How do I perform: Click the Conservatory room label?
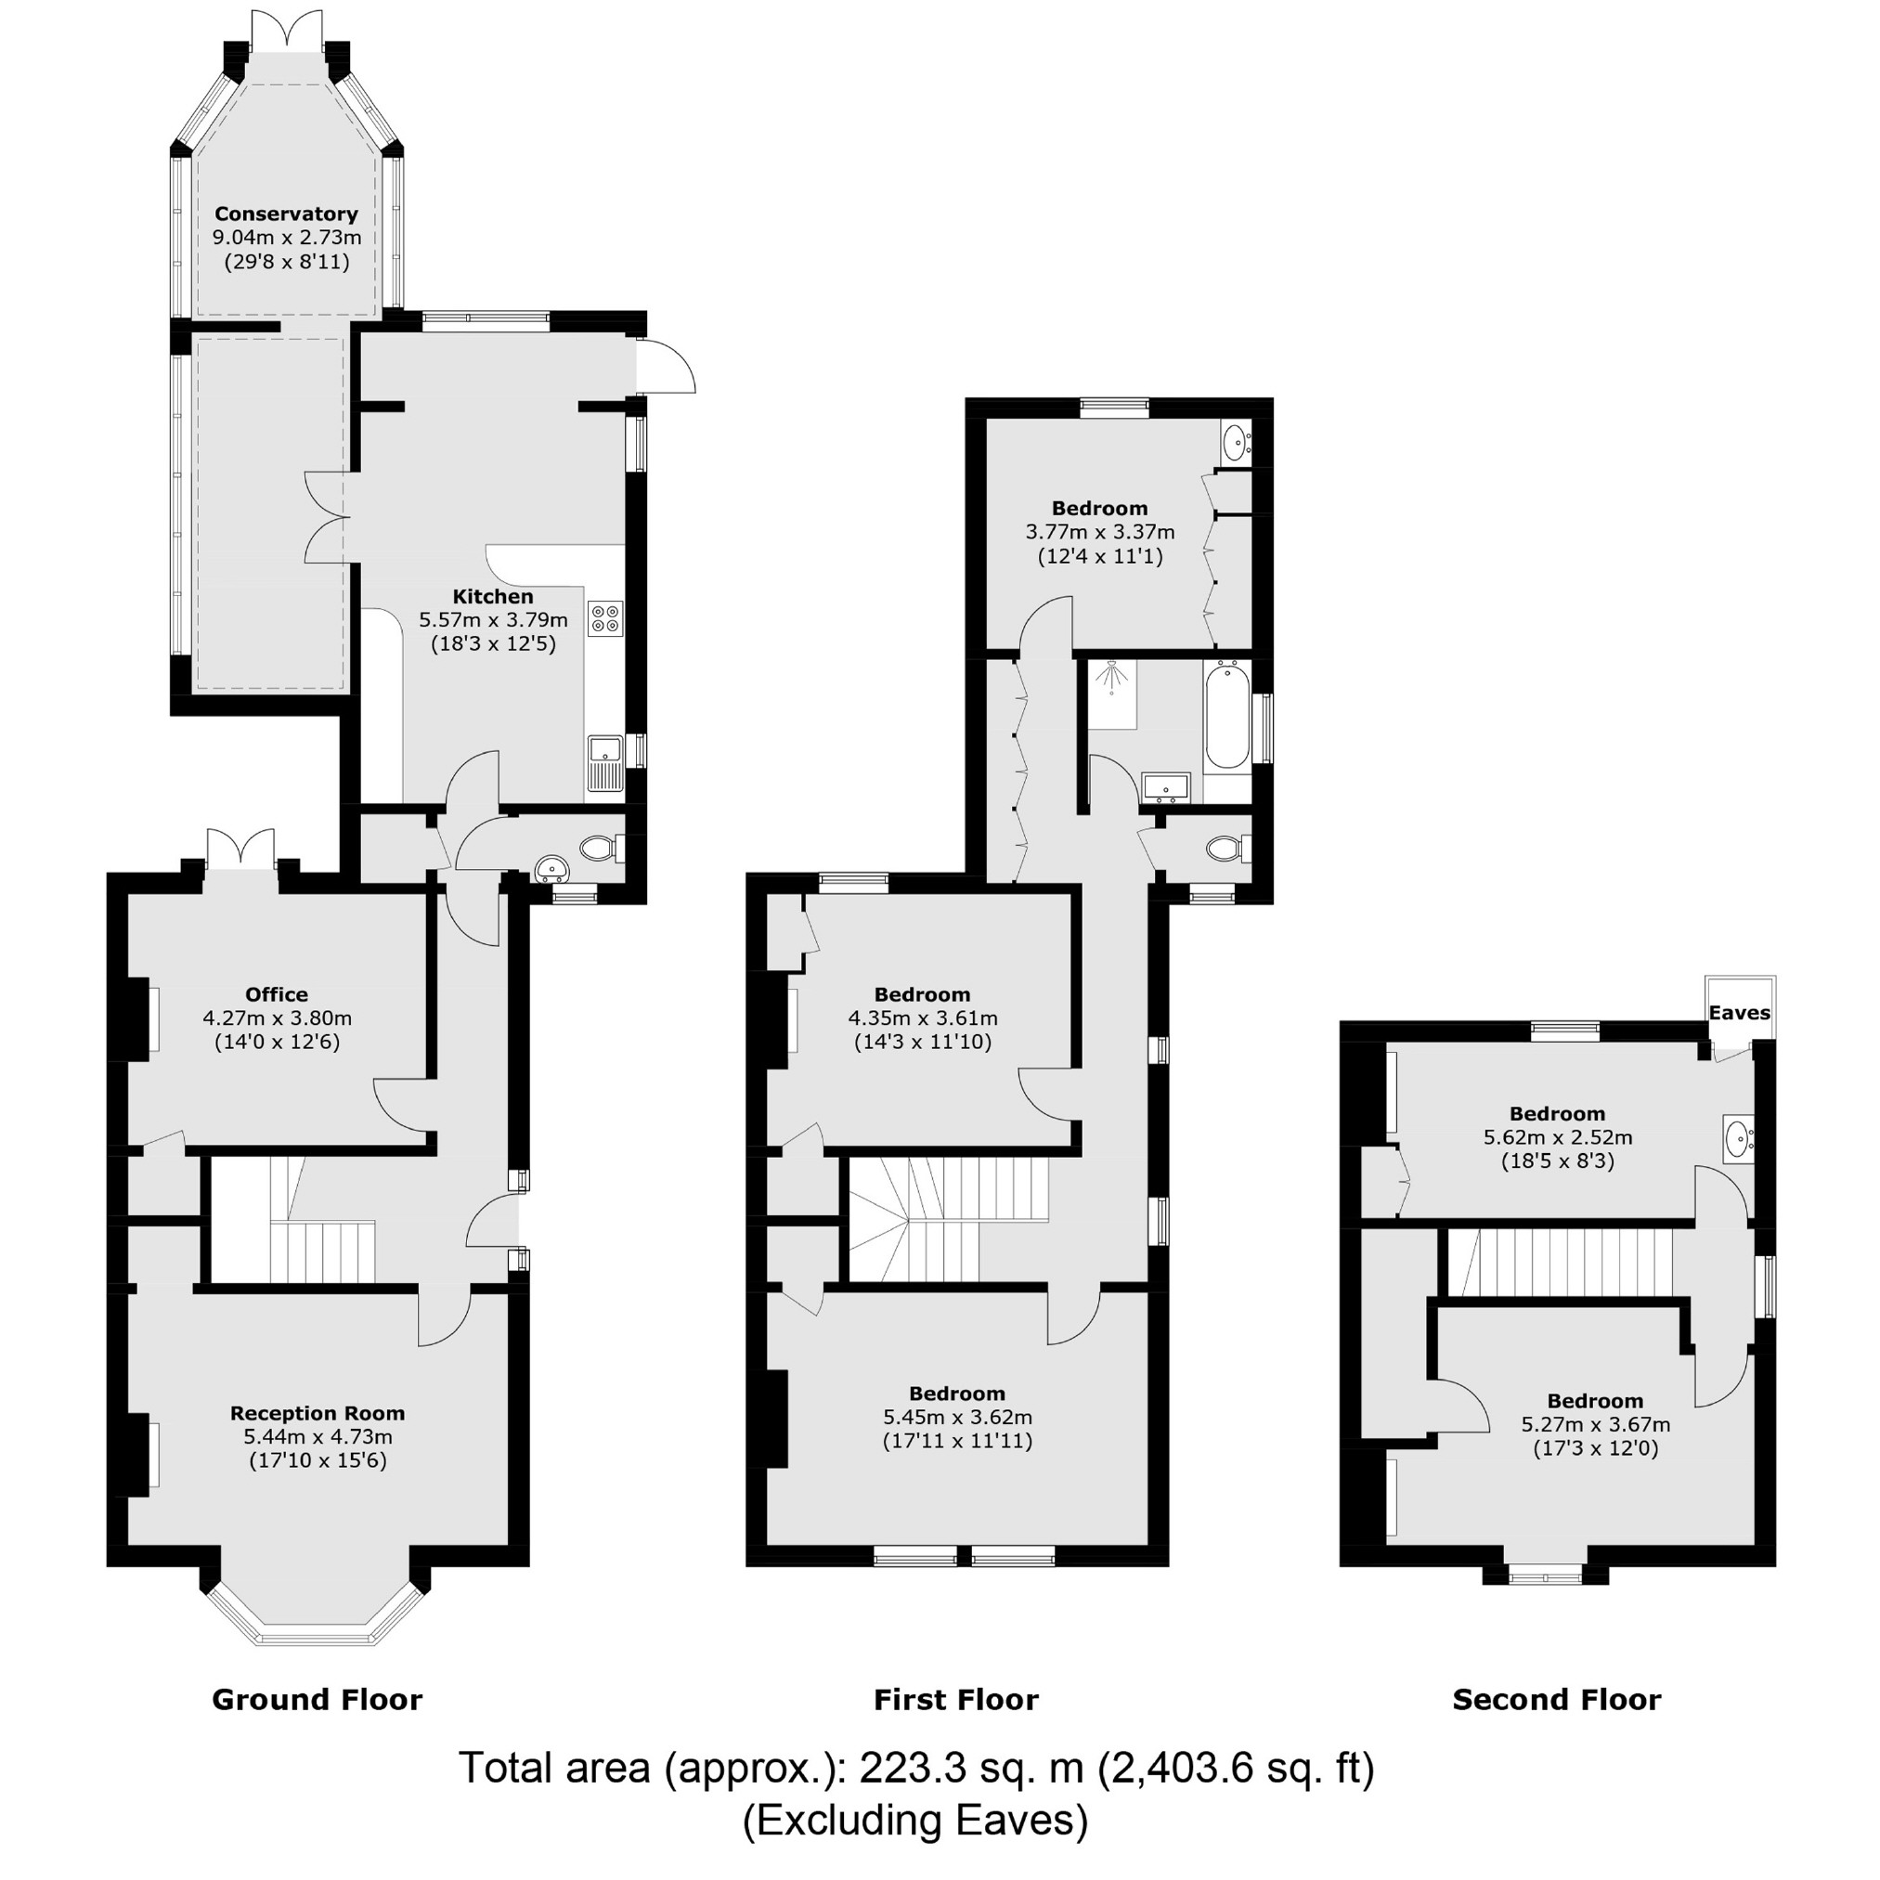tap(286, 214)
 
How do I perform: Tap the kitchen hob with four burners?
tap(605, 619)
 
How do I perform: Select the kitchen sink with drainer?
tap(605, 764)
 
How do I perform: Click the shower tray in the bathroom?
tap(1112, 694)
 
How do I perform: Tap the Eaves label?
tap(1739, 1013)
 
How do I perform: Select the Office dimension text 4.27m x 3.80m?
tap(278, 1018)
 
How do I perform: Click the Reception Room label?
tap(318, 1413)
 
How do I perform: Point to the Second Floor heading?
tap(1556, 1700)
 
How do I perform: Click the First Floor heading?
tap(955, 1700)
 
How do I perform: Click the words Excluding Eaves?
tap(914, 1820)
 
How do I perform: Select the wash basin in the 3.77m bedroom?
tap(1234, 443)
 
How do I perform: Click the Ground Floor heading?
tap(318, 1700)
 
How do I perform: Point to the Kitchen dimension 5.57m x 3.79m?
tap(493, 620)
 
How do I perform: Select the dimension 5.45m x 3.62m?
tap(957, 1417)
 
